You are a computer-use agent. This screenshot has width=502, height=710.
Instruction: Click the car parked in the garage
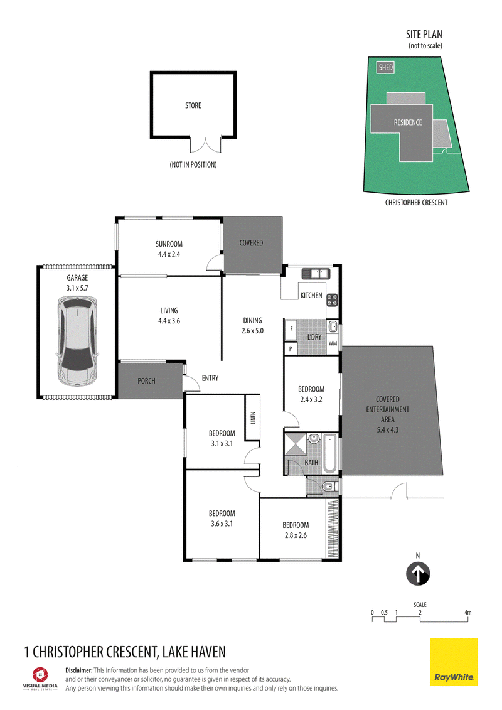(77, 341)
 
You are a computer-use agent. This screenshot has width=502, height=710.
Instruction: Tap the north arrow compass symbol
(418, 574)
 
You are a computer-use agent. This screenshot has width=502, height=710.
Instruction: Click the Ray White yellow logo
(454, 662)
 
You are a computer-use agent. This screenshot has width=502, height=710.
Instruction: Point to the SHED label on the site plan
(386, 67)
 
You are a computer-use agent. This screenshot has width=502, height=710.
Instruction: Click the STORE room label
(193, 105)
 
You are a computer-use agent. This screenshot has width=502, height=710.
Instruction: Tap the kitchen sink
(316, 274)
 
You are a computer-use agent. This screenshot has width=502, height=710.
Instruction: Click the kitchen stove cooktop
(332, 299)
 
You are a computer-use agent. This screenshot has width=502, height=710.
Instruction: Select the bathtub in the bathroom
(329, 453)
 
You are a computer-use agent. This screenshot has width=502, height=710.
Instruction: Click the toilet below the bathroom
(329, 487)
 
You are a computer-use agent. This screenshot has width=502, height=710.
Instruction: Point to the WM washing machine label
(333, 343)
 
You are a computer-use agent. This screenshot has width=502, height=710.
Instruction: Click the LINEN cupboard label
(253, 417)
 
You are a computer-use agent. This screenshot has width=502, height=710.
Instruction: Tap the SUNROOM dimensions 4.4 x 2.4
(169, 254)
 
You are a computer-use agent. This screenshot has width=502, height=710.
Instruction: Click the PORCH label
(146, 381)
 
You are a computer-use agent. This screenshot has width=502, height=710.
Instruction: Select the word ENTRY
(210, 378)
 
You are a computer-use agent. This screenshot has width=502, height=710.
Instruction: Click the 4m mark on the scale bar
(468, 613)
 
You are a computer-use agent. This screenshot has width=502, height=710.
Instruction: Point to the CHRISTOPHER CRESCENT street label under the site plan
(417, 202)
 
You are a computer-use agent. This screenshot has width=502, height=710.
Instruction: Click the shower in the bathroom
(295, 444)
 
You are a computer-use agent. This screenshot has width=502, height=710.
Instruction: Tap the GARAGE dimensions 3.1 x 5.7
(77, 288)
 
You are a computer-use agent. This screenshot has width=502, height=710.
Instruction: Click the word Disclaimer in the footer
(79, 670)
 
